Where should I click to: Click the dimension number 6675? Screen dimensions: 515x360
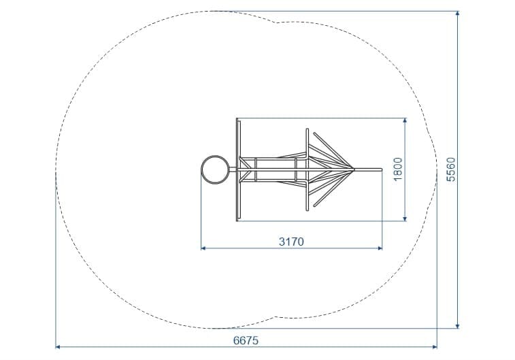click(246, 341)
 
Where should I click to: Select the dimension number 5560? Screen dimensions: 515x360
click(451, 169)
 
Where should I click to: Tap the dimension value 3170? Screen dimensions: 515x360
click(291, 242)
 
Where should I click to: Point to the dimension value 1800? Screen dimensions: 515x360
click(398, 169)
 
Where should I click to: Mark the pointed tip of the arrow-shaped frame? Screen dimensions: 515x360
click(354, 169)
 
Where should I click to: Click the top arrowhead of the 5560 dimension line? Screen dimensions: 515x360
click(458, 14)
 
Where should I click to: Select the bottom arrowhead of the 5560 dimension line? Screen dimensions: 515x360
click(458, 325)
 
